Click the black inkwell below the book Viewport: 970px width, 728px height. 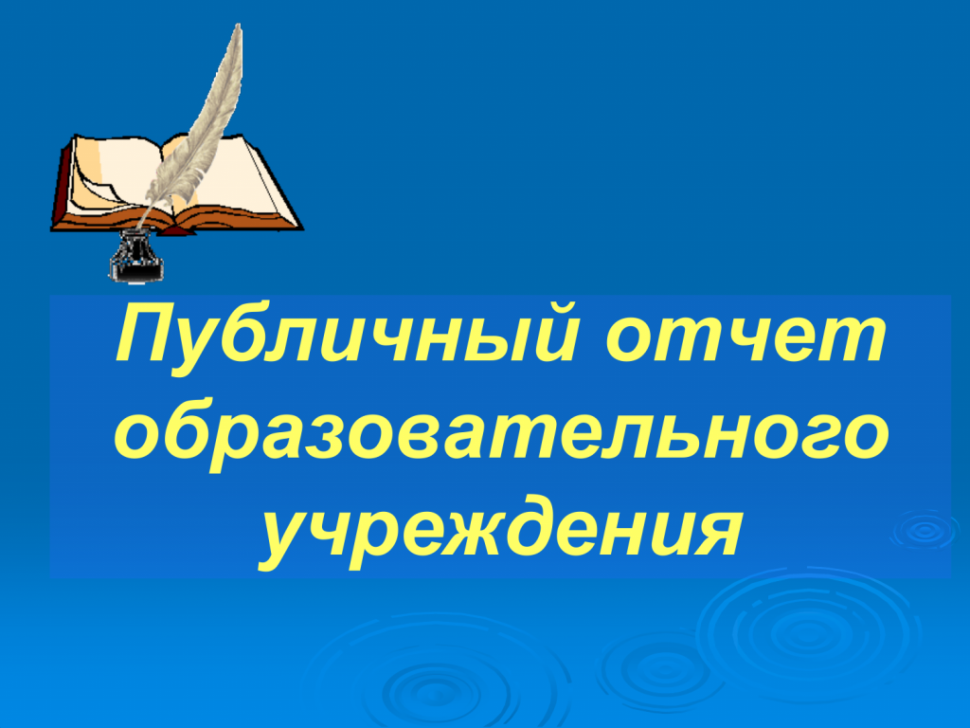[136, 256]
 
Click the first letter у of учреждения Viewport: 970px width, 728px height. [286, 540]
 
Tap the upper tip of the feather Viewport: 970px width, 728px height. [238, 25]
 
